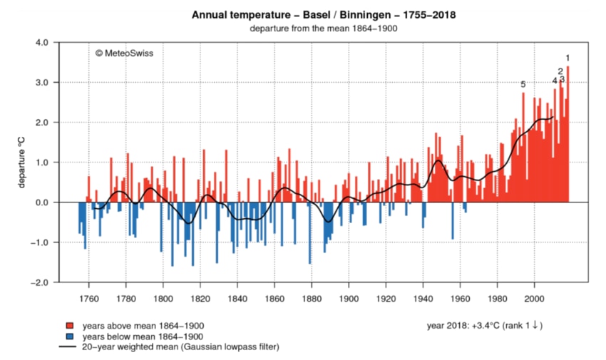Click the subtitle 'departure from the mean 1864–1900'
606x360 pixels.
[324, 29]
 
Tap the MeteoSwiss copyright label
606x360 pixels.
[124, 53]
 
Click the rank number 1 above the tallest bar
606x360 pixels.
[568, 58]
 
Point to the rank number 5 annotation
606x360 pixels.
[523, 85]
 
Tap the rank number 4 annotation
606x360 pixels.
[554, 81]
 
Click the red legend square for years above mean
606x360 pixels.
[69, 326]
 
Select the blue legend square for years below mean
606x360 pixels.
[69, 336]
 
